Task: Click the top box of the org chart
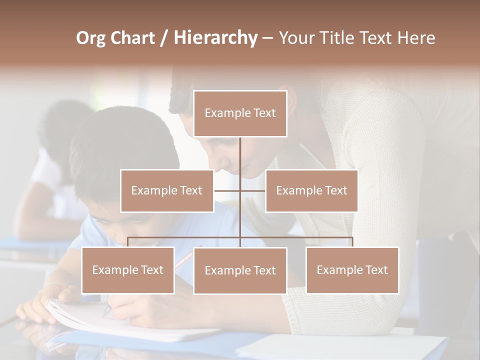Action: tap(240, 113)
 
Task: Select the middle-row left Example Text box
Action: tap(167, 190)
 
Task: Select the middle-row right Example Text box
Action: tap(311, 190)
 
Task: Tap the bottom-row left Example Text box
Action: tap(128, 270)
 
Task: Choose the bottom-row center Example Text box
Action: tap(240, 270)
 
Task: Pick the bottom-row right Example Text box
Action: tap(352, 270)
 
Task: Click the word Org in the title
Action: tap(91, 38)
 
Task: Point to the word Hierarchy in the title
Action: tap(215, 38)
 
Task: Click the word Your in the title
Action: tap(295, 38)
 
